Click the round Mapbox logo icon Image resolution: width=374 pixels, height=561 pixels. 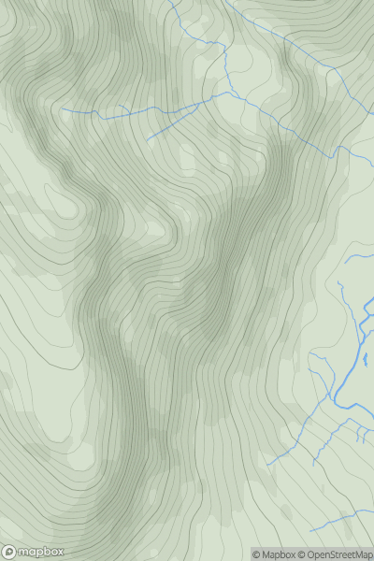pos(10,552)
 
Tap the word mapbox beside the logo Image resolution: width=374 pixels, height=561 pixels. pos(38,552)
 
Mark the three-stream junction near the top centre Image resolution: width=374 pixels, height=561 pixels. pos(229,93)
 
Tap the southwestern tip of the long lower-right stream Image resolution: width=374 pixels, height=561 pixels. pos(266,465)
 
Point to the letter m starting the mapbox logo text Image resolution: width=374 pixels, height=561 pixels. pos(24,552)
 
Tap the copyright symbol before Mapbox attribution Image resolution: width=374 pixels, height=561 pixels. pos(257,554)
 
